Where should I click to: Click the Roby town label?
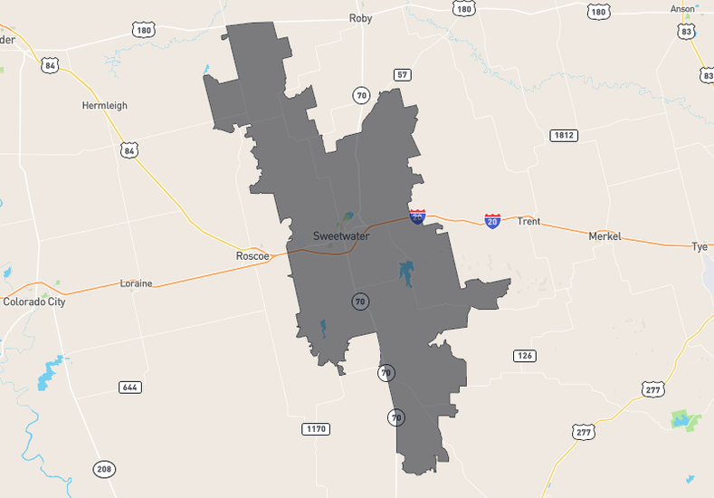360,18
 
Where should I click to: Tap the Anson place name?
682,9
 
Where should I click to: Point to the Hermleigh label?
105,106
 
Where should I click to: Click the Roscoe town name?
252,256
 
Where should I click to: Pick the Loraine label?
137,283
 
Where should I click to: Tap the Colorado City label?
34,302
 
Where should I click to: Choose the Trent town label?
528,221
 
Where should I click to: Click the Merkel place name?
605,236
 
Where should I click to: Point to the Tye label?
699,246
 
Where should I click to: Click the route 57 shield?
402,74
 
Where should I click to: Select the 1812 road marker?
563,136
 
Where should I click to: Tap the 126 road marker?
525,356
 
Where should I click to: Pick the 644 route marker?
130,388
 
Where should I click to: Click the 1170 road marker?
315,428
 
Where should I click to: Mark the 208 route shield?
104,469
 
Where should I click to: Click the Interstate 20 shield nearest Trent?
491,220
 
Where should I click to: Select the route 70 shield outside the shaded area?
362,94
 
